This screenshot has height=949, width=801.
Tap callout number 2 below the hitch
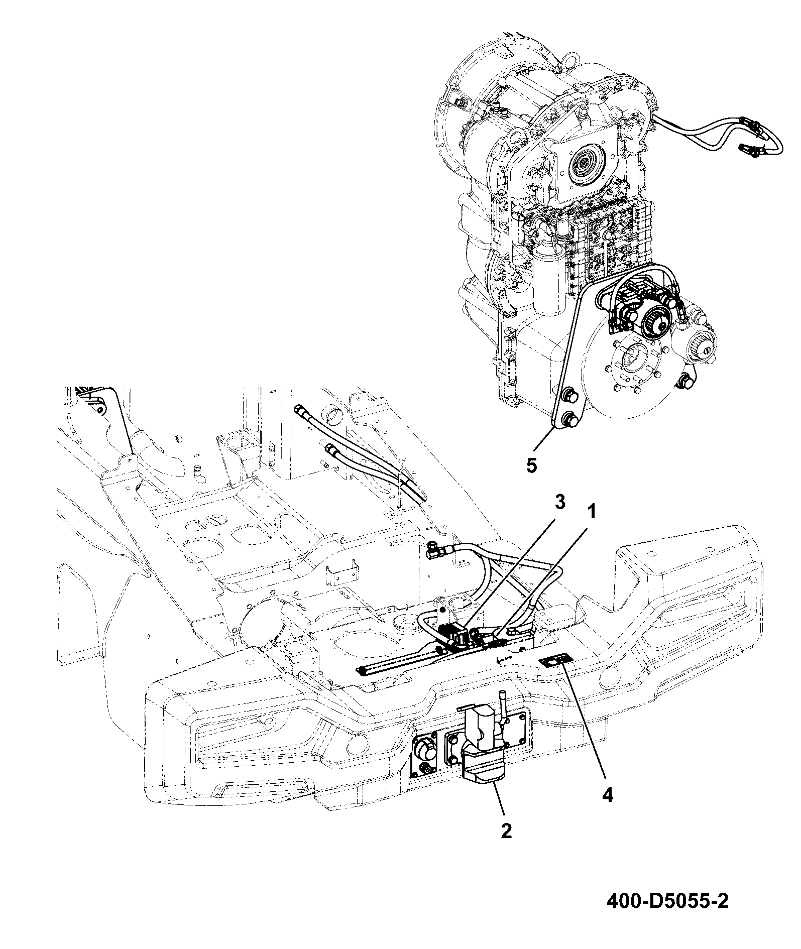pos(506,831)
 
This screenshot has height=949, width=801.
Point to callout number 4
pos(607,795)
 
